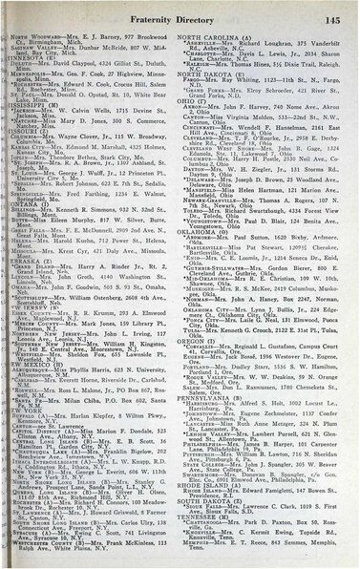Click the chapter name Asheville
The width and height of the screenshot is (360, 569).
(x=212, y=44)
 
